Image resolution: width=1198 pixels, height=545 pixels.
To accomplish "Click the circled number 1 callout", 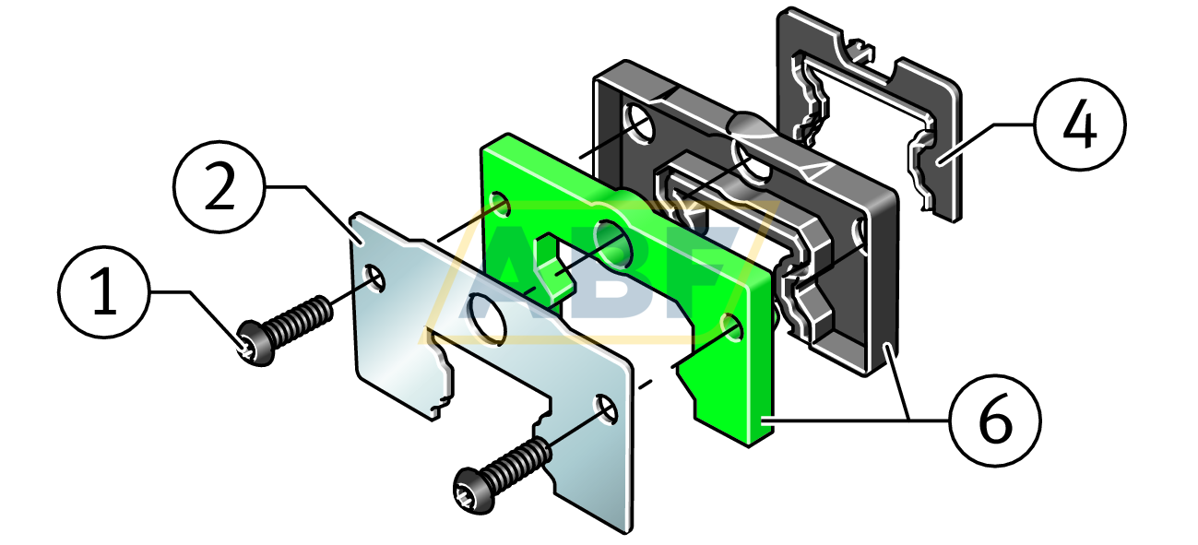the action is coord(104,292).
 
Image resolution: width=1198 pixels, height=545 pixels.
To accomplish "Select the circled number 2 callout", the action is coord(219,186).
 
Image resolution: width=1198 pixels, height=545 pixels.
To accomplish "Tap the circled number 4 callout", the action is coord(1080,124).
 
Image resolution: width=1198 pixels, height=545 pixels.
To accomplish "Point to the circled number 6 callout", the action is coord(995,421).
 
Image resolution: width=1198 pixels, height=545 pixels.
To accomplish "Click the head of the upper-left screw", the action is coord(255,343).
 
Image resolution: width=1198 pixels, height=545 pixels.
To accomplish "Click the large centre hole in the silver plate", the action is coord(486,319).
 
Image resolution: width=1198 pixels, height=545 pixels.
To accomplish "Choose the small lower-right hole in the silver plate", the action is coord(607,409).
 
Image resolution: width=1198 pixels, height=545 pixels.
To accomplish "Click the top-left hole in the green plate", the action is coord(500,204).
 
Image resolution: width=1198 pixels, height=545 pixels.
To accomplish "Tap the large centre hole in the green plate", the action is coord(613,243).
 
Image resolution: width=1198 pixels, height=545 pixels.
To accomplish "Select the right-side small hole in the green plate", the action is coord(732,326).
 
